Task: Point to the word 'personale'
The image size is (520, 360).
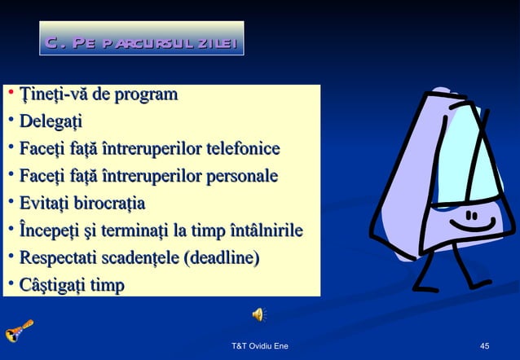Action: pos(242,177)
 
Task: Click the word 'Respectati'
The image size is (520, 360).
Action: pos(59,259)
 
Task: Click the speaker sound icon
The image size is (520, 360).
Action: pos(258,315)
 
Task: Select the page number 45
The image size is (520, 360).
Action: pos(484,347)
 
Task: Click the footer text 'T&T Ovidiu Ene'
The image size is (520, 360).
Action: pos(260,347)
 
